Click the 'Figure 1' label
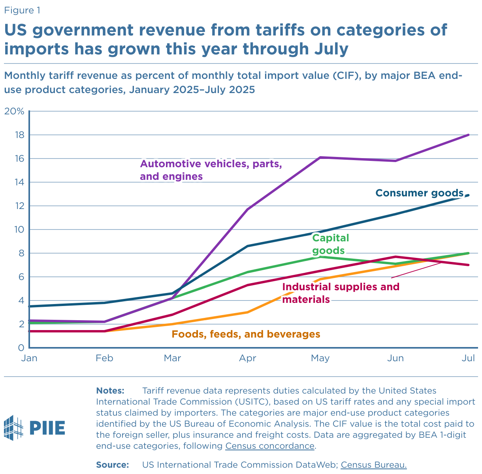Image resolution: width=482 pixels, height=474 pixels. [22, 10]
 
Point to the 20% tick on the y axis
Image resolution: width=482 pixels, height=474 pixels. [14, 111]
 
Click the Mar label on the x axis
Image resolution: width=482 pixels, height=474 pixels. [173, 358]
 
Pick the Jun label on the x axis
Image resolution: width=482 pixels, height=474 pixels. [395, 358]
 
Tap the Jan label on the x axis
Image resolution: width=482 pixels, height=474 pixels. [29, 358]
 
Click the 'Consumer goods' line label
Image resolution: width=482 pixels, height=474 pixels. [419, 193]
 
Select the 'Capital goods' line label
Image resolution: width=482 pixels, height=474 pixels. [330, 244]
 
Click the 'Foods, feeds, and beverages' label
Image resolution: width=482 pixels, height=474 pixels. [246, 334]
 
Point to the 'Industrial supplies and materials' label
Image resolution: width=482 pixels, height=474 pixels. [341, 293]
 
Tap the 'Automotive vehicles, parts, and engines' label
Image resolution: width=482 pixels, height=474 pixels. [211, 170]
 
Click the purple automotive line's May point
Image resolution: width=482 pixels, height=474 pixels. [321, 157]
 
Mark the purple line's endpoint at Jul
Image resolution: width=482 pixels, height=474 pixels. [469, 135]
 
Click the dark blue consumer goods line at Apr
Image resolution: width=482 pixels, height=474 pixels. [247, 246]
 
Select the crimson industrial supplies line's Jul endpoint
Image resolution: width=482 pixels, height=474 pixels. [469, 265]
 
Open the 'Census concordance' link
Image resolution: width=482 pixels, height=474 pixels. [270, 446]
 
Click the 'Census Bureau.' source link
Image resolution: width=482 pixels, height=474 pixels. [374, 465]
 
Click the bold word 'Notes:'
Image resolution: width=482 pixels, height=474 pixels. [110, 391]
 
